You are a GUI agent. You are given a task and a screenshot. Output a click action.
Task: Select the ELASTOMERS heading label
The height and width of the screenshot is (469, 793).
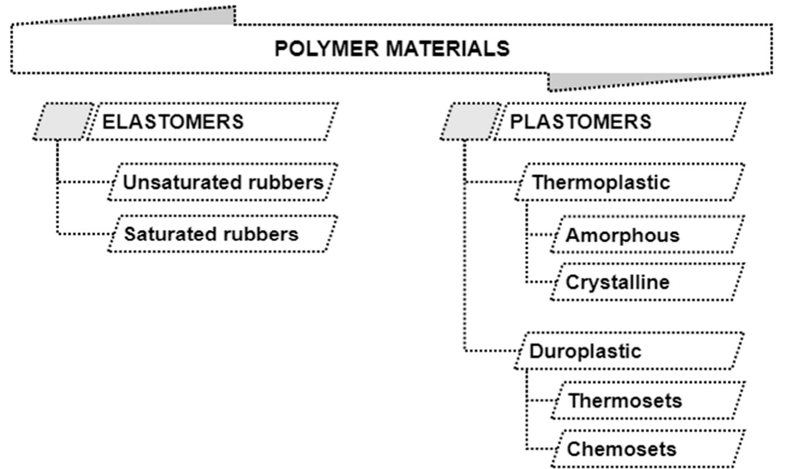173,122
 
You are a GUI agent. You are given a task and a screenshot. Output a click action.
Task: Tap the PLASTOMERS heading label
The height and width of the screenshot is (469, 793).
580,122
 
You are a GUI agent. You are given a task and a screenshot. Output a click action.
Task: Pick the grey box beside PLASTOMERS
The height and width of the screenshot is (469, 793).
470,122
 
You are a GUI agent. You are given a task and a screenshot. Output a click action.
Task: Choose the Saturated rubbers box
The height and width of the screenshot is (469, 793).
222,234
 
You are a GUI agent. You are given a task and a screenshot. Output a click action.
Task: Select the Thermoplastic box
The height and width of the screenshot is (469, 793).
630,183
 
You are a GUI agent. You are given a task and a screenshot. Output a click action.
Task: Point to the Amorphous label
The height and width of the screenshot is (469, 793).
622,235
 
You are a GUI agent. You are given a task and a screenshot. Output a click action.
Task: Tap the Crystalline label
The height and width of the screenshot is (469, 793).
617,282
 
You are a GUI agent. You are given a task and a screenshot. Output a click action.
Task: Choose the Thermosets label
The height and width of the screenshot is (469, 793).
625,401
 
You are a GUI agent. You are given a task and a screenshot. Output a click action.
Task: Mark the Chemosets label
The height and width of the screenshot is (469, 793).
621,449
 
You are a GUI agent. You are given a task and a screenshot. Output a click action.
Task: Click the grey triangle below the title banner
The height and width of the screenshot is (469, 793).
582,81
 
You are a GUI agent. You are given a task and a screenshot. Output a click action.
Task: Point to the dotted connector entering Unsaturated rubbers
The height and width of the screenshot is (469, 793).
85,182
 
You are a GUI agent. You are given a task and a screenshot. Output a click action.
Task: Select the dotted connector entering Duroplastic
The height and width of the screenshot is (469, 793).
490,350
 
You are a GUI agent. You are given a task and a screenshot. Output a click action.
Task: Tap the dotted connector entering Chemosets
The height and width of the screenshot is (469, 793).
540,449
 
